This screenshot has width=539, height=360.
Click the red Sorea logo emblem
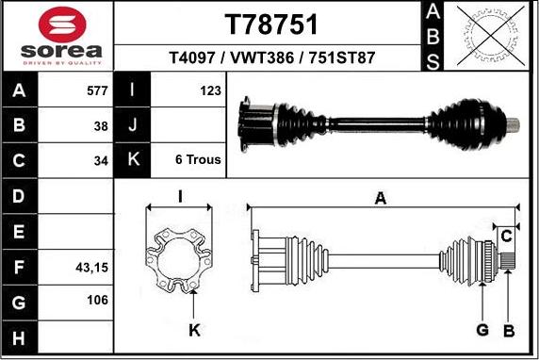[62, 25]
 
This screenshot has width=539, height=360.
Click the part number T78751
[270, 25]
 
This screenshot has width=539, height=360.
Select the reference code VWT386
[262, 57]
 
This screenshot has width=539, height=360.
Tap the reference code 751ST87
[342, 57]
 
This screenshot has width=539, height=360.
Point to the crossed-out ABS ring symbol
[491, 36]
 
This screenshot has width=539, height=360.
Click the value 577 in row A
[97, 90]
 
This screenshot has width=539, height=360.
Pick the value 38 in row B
[101, 126]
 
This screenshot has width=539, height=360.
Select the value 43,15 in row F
[91, 267]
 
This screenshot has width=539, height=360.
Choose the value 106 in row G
[97, 300]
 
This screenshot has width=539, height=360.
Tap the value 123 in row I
[210, 90]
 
